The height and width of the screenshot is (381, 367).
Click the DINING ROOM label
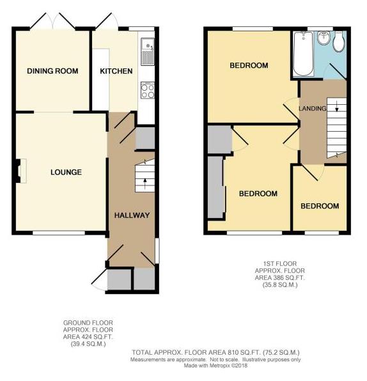(52, 71)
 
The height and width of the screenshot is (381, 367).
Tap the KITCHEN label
(116, 71)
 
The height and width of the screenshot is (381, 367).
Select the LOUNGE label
(66, 172)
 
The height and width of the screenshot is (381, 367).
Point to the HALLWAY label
(132, 215)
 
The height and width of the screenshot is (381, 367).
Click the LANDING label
(313, 109)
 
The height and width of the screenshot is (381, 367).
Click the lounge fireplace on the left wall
(19, 171)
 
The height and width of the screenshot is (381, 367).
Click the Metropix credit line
(215, 366)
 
